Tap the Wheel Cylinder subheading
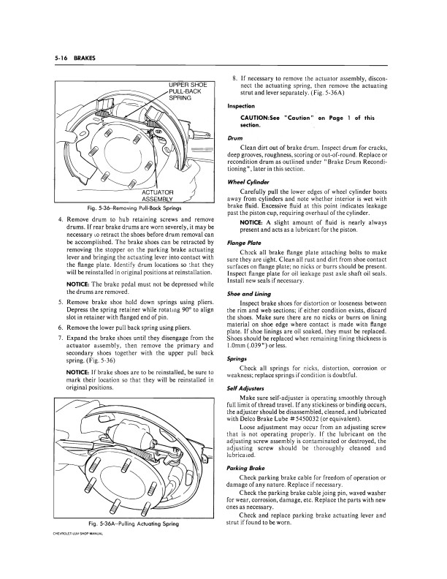249,182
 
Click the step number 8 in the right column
234,76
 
